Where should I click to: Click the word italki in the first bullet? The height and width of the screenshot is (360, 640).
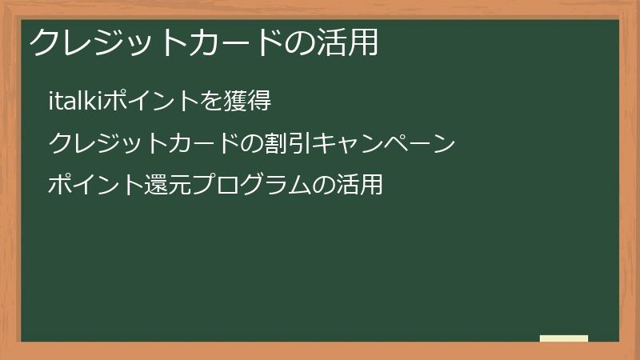[75, 101]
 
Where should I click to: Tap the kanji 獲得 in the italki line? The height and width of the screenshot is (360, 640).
[247, 101]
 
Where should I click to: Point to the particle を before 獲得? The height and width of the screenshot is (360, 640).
[211, 102]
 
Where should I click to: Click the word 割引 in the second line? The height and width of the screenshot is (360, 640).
[288, 143]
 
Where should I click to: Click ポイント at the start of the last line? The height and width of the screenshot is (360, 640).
[96, 185]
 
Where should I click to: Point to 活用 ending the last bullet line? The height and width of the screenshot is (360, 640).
[359, 185]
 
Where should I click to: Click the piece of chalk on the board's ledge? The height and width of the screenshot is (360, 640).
[564, 338]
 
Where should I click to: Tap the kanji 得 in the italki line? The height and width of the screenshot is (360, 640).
[259, 101]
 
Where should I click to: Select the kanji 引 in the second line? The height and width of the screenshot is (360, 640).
[301, 143]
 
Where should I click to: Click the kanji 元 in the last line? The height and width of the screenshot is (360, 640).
[180, 185]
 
